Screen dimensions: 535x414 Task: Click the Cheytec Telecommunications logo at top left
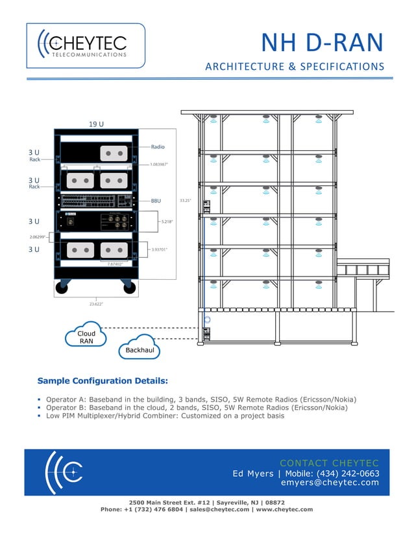pos(85,45)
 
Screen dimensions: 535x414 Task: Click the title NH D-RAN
pos(322,43)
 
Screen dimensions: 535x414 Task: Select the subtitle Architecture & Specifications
pos(295,67)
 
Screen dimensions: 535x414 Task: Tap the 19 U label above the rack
pos(97,123)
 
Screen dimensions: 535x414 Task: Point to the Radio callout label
pos(158,147)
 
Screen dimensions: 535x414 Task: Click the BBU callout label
pos(156,201)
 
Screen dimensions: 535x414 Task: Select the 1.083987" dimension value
pos(163,165)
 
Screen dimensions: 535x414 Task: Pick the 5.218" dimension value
pos(167,222)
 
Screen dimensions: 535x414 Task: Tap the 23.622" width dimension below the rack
pos(96,303)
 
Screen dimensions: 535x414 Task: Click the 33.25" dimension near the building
pos(185,201)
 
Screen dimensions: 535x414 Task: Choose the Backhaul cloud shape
pos(139,350)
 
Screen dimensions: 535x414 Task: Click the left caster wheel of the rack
pos(62,288)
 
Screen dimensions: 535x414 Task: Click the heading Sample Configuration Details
pos(103,380)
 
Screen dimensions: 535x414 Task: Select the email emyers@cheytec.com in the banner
pos(330,483)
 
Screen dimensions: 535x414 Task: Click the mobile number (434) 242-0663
pos(347,473)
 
